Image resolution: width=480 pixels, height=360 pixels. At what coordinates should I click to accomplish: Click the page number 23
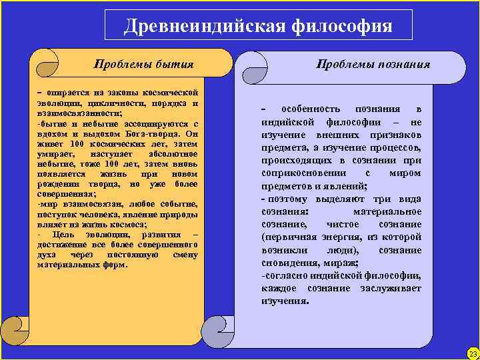tap(473, 353)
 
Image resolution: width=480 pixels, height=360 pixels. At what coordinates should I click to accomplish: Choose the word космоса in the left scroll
tap(133, 225)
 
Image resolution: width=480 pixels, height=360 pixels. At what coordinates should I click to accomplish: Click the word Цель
tap(67, 235)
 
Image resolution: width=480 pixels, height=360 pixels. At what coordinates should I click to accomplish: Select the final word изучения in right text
tap(285, 301)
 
